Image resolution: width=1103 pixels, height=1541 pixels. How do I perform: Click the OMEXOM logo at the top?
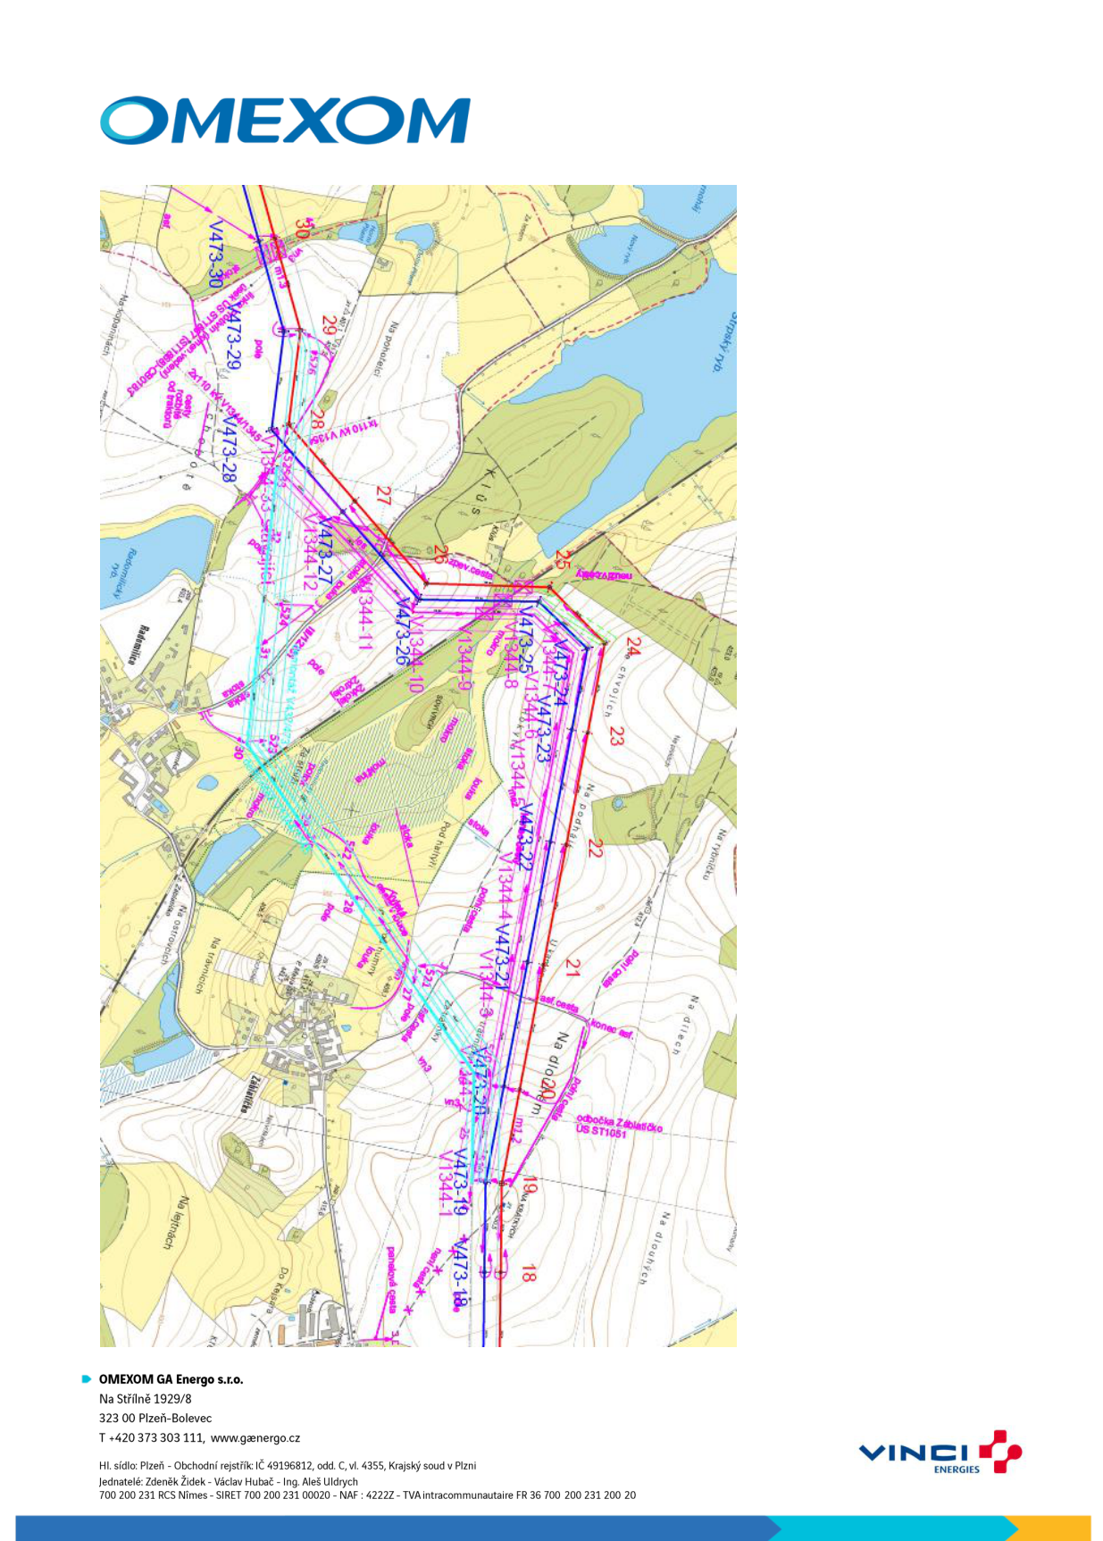point(285,120)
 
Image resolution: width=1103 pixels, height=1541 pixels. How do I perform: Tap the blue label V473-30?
point(215,255)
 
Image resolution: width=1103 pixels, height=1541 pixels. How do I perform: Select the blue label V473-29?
point(234,340)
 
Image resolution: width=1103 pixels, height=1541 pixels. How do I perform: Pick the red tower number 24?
point(633,647)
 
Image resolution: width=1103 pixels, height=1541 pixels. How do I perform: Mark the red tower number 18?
point(528,1273)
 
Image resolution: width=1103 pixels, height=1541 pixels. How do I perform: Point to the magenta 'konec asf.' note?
point(612,1029)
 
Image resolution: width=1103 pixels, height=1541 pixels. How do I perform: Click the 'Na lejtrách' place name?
point(174,1223)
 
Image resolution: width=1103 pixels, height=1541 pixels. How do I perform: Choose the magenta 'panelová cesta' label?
point(391,1280)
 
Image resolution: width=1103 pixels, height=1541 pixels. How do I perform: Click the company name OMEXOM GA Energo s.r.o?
point(171,1379)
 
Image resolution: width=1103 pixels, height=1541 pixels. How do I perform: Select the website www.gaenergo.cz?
point(255,1437)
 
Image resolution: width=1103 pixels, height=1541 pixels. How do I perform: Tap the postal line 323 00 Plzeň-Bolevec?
point(155,1418)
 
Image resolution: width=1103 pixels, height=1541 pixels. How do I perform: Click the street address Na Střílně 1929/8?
point(145,1399)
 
